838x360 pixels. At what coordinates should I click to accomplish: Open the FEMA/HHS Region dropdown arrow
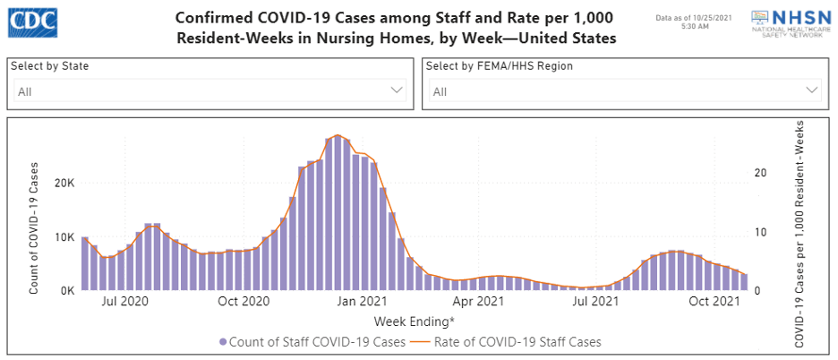(812, 90)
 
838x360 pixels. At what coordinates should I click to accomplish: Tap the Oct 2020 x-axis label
(243, 303)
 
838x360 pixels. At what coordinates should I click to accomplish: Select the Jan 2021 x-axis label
(362, 303)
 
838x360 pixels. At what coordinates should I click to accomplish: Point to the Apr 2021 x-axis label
(476, 303)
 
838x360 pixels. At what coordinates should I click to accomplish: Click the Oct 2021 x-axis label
(712, 303)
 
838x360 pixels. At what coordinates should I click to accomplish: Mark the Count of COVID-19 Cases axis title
(33, 227)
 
